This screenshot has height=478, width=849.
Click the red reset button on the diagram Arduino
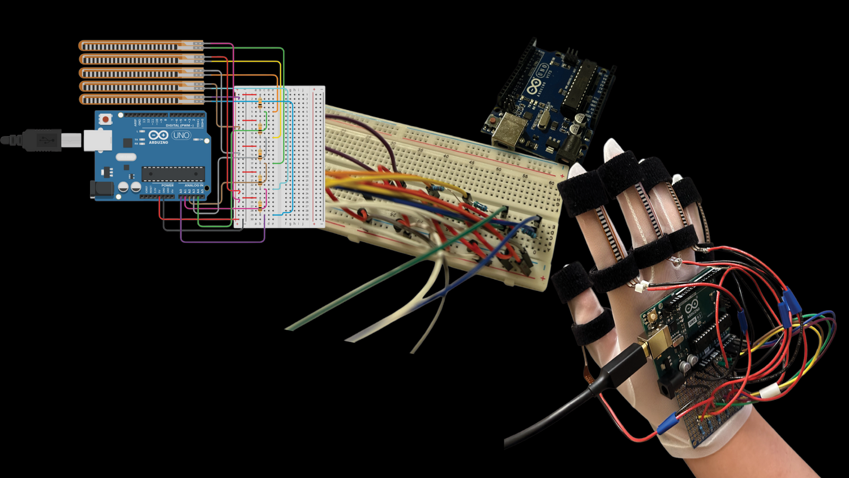point(105,119)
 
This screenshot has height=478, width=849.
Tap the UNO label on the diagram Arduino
point(181,135)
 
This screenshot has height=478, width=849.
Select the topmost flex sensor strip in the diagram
point(140,46)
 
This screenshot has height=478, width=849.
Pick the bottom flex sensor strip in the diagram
point(140,100)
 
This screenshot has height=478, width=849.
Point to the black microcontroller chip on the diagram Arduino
point(173,174)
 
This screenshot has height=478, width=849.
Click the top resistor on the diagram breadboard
point(260,103)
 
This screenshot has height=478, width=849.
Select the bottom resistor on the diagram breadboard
point(260,205)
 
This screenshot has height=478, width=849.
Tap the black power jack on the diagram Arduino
point(101,190)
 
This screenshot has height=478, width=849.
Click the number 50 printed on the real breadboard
point(498,169)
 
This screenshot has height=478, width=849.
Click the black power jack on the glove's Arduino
point(668,387)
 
